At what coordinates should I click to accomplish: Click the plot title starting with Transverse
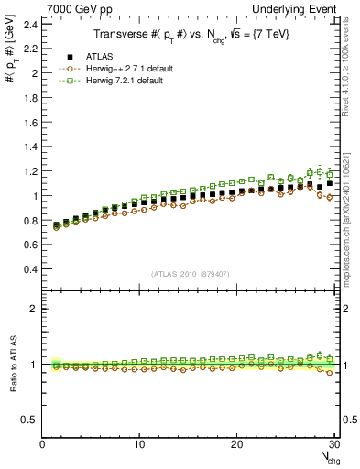[190, 33]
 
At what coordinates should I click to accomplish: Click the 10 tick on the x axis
[140, 444]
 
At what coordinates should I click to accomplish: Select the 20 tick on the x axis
[237, 444]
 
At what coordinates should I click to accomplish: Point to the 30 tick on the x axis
[333, 444]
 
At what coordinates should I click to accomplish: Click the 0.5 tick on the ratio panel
[30, 420]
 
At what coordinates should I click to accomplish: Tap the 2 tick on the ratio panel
[34, 309]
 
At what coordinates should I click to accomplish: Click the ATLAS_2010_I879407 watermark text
[189, 273]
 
